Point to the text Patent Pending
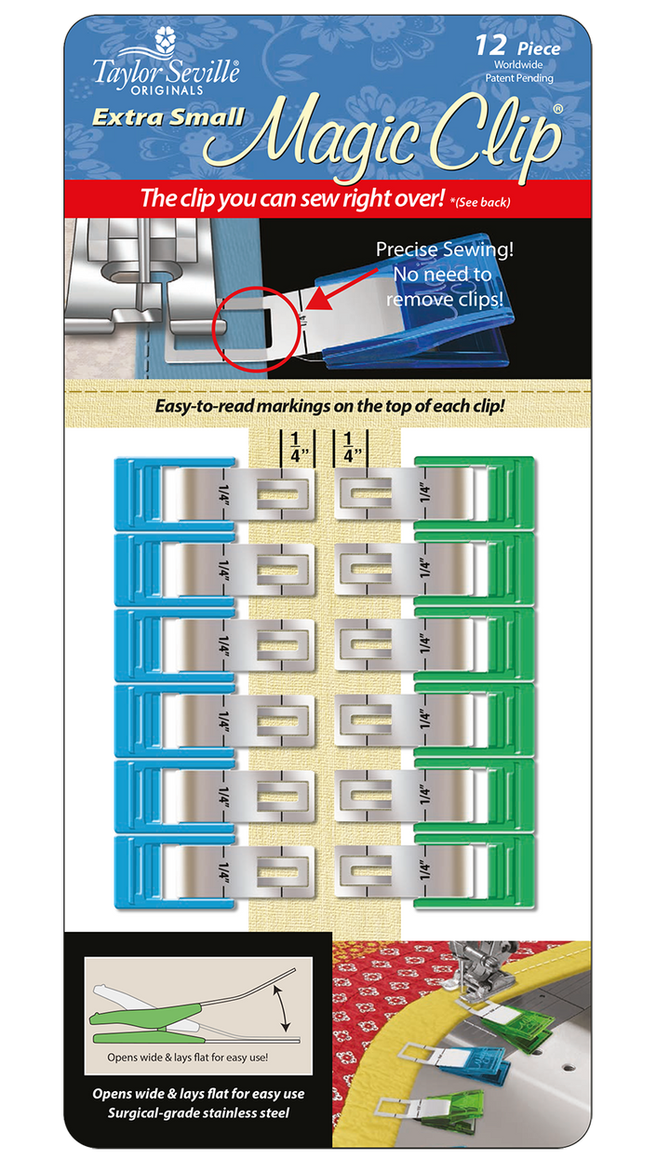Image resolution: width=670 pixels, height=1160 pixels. pos(520,78)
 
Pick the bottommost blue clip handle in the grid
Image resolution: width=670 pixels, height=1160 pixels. pos(144,871)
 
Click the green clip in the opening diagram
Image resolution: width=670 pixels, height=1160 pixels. pos(154,1014)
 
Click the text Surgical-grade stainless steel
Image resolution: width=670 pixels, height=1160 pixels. pos(197,1113)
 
